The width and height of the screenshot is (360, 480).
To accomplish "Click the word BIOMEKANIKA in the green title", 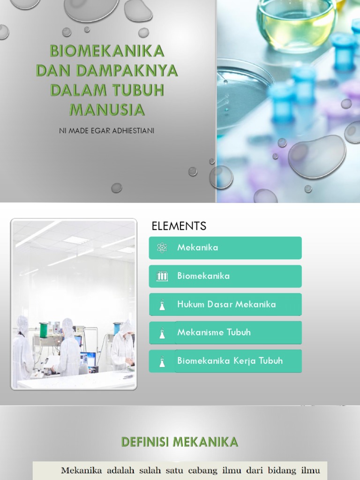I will (x=107, y=51).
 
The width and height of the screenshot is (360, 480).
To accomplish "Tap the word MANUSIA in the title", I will (x=107, y=110).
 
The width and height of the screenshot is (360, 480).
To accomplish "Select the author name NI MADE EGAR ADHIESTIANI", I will (x=106, y=131).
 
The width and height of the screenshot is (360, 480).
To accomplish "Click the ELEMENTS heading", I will (x=179, y=226).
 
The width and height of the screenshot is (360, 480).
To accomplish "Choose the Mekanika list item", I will (x=225, y=248).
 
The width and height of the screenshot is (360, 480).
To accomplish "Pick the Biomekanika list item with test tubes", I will (x=225, y=276).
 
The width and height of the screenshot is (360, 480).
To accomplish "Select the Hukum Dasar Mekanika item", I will (x=225, y=304).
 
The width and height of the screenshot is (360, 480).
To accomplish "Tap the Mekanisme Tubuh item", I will (x=225, y=332).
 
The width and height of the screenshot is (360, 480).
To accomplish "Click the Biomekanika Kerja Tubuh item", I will (x=225, y=360).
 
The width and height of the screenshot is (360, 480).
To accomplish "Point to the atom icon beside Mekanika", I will (x=162, y=248).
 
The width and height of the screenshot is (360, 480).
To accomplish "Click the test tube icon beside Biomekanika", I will (x=162, y=276).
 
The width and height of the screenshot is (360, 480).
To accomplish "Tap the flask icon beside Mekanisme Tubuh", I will (x=162, y=333).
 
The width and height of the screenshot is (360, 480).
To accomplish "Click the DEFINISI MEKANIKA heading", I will (x=180, y=442).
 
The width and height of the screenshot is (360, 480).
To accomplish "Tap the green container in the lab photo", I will (x=44, y=330).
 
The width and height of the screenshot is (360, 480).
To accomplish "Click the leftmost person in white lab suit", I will (x=22, y=347).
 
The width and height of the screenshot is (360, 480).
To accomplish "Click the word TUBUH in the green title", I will (x=139, y=90).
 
